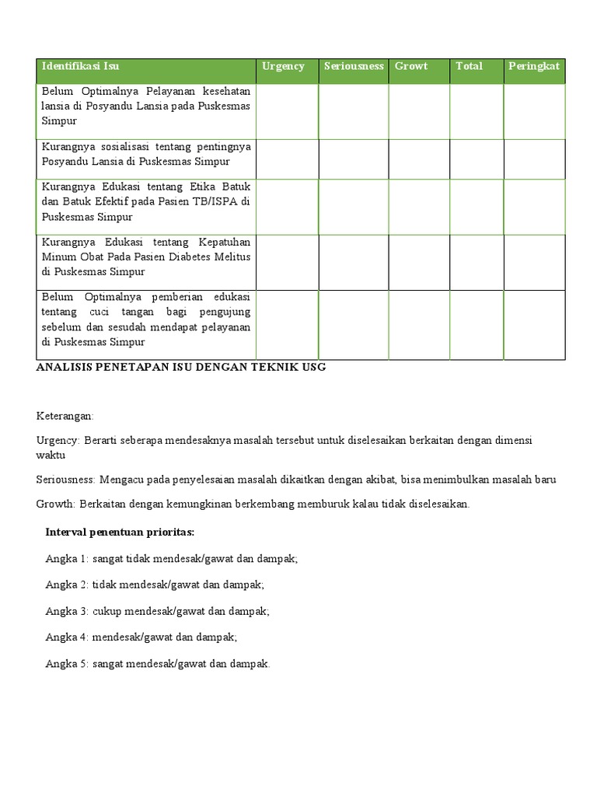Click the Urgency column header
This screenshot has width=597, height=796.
pyautogui.click(x=283, y=67)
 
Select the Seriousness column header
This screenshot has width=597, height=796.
pyautogui.click(x=354, y=67)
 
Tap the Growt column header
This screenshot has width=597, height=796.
pyautogui.click(x=411, y=67)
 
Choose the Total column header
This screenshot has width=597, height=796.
pyautogui.click(x=469, y=67)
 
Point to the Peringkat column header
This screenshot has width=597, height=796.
pyautogui.click(x=534, y=67)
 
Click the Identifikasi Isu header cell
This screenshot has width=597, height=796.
pyautogui.click(x=80, y=67)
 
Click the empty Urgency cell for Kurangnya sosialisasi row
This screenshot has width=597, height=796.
pyautogui.click(x=287, y=159)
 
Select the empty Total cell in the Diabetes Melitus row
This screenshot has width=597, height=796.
pyautogui.click(x=476, y=263)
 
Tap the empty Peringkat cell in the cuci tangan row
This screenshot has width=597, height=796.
pyautogui.click(x=534, y=325)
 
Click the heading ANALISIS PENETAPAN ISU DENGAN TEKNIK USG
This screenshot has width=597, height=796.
pyautogui.click(x=181, y=368)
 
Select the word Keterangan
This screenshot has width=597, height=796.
pyautogui.click(x=65, y=417)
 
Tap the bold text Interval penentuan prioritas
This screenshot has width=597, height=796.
pyautogui.click(x=120, y=532)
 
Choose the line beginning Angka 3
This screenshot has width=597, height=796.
pyautogui.click(x=158, y=612)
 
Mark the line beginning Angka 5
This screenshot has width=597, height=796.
pyautogui.click(x=158, y=665)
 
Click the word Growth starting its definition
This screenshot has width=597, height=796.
pyautogui.click(x=54, y=504)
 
